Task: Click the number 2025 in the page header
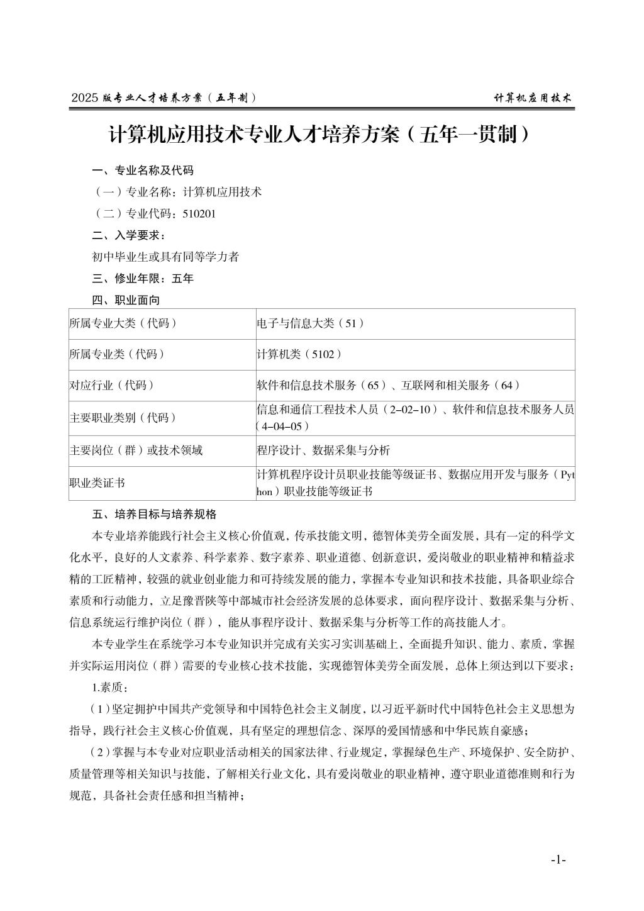86,98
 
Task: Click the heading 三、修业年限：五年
143,278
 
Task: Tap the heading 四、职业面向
126,299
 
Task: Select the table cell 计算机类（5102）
299,354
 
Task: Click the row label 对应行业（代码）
112,385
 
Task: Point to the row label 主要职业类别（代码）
123,418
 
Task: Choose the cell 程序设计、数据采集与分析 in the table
323,450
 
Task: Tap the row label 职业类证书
97,483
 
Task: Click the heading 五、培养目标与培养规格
154,514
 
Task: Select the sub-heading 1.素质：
110,687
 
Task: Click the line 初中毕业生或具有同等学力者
165,257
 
